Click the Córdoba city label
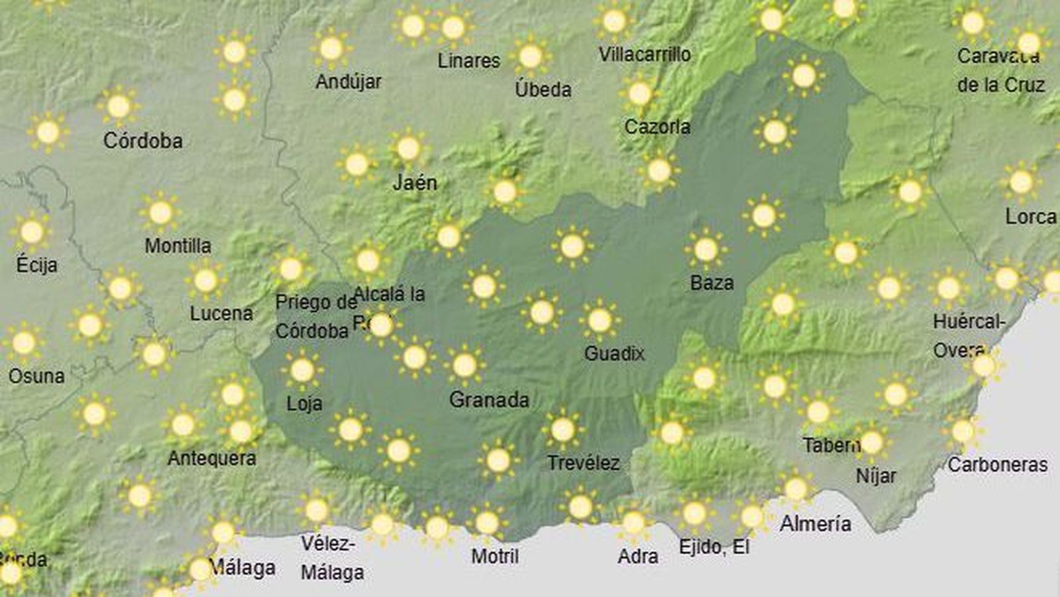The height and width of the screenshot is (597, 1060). [x=142, y=140]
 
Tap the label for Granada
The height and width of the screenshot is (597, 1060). [x=489, y=400]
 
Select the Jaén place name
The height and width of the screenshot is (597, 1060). [x=415, y=182]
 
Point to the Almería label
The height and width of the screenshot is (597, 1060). [x=815, y=523]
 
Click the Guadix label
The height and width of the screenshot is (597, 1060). [x=614, y=353]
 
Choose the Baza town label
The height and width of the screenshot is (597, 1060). [x=712, y=283]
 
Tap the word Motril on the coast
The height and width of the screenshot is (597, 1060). [x=495, y=556]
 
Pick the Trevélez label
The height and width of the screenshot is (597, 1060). [x=583, y=462]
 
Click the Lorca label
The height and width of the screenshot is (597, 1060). [x=1030, y=216]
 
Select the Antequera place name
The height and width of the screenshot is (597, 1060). [x=211, y=458]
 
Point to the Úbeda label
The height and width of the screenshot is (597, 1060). [x=543, y=89]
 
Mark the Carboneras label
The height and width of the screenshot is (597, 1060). [x=997, y=464]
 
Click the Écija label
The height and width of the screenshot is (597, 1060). [x=36, y=265]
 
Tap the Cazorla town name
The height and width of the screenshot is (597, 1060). [x=657, y=126]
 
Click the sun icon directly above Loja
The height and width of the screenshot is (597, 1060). [x=302, y=370]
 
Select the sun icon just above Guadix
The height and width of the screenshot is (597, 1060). [x=600, y=321]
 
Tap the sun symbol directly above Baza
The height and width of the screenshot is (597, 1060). [x=706, y=249]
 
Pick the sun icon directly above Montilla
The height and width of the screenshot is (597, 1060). [x=160, y=213]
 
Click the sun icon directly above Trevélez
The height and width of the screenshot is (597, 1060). [x=562, y=430]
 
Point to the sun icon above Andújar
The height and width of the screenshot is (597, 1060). [x=331, y=48]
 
